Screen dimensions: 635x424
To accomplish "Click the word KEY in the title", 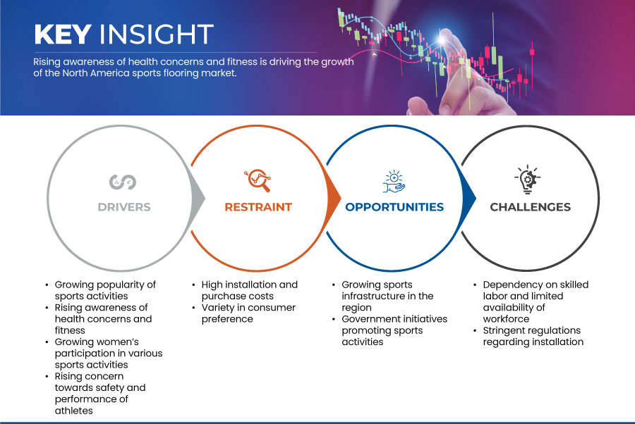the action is point(62,34).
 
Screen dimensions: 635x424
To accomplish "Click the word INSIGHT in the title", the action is point(157,34).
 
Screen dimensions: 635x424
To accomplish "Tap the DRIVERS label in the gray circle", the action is point(124,207).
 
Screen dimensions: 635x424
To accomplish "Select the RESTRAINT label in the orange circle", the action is point(258,207).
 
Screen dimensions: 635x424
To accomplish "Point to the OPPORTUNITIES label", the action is point(394,207).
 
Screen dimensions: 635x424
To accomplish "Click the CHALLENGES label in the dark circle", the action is point(530,207).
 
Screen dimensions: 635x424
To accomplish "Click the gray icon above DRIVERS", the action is point(123,182).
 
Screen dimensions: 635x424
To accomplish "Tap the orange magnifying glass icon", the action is point(258,180).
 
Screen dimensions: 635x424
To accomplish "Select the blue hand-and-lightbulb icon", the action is point(394,182).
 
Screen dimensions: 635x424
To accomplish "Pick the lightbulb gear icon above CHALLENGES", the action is point(528,180).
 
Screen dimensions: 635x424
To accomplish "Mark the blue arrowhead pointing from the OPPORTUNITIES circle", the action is point(469,198).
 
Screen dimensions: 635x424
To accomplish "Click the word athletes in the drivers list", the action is point(73,411).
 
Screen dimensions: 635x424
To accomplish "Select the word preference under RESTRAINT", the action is point(227,319).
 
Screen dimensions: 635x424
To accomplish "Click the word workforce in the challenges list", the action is point(506,319).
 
